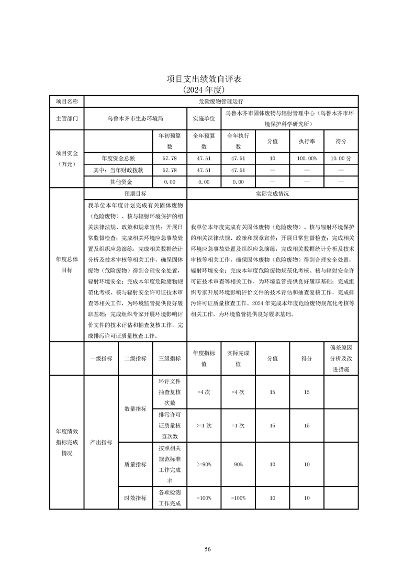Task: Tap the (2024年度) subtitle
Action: tap(204, 89)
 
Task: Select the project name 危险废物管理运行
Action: tap(221, 101)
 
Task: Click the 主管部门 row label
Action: tap(66, 119)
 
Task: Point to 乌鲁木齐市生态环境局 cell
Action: tap(135, 119)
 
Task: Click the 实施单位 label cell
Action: tap(204, 119)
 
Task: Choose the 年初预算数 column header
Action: tap(170, 141)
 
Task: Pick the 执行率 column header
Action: tap(307, 141)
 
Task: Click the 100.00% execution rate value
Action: tap(307, 157)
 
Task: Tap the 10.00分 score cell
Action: tap(341, 157)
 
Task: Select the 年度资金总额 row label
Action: tap(118, 157)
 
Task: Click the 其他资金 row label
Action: tap(118, 182)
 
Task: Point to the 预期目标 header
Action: tap(135, 194)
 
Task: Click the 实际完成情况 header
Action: tap(273, 194)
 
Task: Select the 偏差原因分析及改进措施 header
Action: tap(341, 358)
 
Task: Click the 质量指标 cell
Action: tap(135, 464)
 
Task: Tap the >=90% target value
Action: tap(204, 464)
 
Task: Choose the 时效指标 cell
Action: tap(135, 498)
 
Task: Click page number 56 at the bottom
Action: tap(207, 549)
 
